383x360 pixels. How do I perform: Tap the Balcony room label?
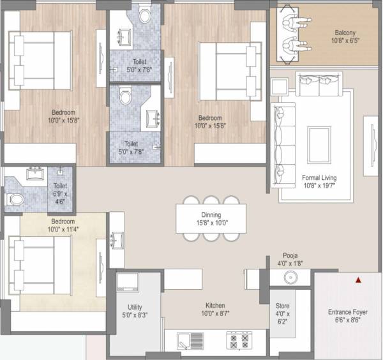[x=349, y=33]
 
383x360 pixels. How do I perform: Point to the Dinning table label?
[x=211, y=215]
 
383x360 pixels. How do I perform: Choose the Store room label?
[x=283, y=306]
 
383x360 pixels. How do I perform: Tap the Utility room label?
[x=135, y=306]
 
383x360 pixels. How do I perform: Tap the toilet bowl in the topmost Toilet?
[x=144, y=16]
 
